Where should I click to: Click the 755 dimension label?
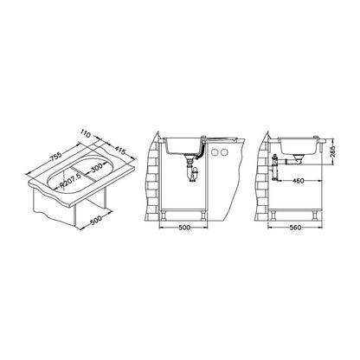(56, 157)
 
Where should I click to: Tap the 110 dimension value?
(86, 134)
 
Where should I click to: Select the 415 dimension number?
(119, 151)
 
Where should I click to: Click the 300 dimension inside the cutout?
(96, 168)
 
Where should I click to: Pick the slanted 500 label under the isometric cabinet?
(96, 220)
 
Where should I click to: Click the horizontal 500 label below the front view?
(184, 228)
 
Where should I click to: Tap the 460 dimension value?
(298, 181)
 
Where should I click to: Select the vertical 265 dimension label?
(333, 151)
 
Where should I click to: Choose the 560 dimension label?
(295, 228)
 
